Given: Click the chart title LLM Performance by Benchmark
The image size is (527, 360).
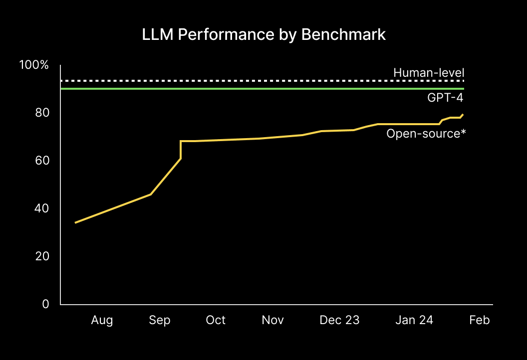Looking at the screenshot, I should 263,34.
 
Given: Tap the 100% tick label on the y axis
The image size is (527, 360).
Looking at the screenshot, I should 34,65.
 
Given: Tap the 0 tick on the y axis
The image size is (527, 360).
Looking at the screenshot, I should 45,304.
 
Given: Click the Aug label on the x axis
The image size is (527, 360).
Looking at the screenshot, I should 102,320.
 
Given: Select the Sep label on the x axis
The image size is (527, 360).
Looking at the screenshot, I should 160,320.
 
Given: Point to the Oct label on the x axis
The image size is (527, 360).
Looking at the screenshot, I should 216,320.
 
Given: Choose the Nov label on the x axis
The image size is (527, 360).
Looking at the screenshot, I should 272,320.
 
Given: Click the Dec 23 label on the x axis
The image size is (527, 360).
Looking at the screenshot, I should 339,320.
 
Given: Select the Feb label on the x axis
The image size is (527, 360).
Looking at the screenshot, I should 480,320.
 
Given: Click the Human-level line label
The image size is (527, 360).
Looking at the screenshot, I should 429,73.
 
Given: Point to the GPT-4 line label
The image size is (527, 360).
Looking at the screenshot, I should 445,98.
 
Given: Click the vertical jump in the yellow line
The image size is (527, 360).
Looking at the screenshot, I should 181,150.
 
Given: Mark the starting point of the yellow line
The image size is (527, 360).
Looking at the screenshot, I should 75,222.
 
